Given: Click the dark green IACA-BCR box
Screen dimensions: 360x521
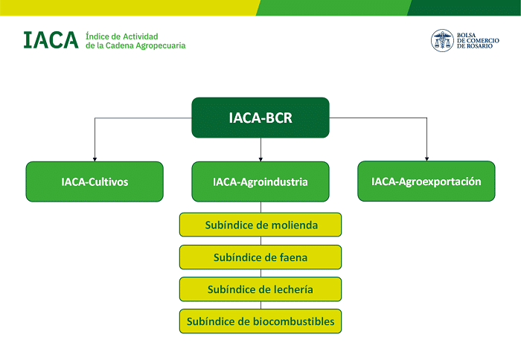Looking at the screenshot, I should point(260,118).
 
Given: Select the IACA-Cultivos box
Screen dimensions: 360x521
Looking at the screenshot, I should point(95,181).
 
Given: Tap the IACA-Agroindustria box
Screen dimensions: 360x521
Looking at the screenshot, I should point(260,181).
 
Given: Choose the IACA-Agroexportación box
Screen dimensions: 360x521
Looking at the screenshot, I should point(426,181).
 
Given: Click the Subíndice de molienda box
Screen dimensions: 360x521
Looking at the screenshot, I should point(260,225).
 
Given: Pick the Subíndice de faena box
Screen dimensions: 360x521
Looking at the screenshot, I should point(260,257).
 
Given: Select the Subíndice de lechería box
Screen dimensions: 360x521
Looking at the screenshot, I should point(260,289).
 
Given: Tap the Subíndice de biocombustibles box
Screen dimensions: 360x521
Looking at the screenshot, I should point(260,321).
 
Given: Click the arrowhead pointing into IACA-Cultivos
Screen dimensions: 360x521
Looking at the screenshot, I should point(95,158).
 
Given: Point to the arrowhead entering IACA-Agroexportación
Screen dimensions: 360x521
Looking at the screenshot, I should point(426,158).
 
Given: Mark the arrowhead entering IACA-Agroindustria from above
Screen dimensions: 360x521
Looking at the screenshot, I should point(260,158).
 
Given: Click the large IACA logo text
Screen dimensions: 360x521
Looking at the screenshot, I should point(51,40).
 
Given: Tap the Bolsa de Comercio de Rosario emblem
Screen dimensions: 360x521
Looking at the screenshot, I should point(442,40).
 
